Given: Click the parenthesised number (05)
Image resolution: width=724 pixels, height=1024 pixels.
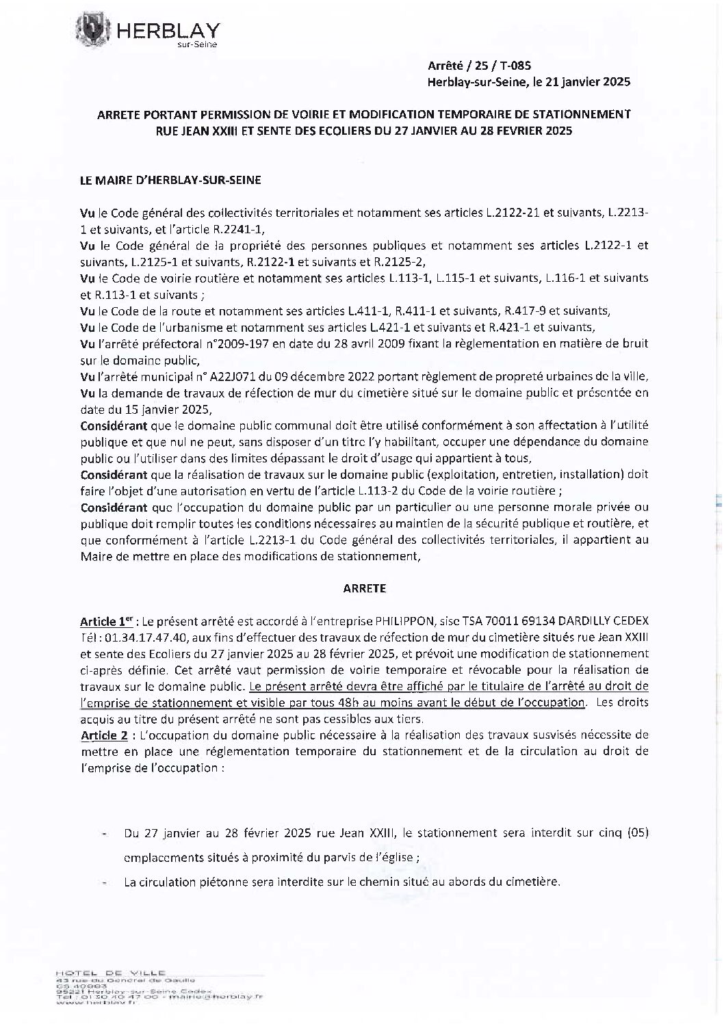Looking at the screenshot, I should click(636, 834).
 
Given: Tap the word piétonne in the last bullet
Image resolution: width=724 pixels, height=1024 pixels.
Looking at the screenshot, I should click(201, 882).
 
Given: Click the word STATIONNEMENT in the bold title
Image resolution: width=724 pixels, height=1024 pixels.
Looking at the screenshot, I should click(585, 114).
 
